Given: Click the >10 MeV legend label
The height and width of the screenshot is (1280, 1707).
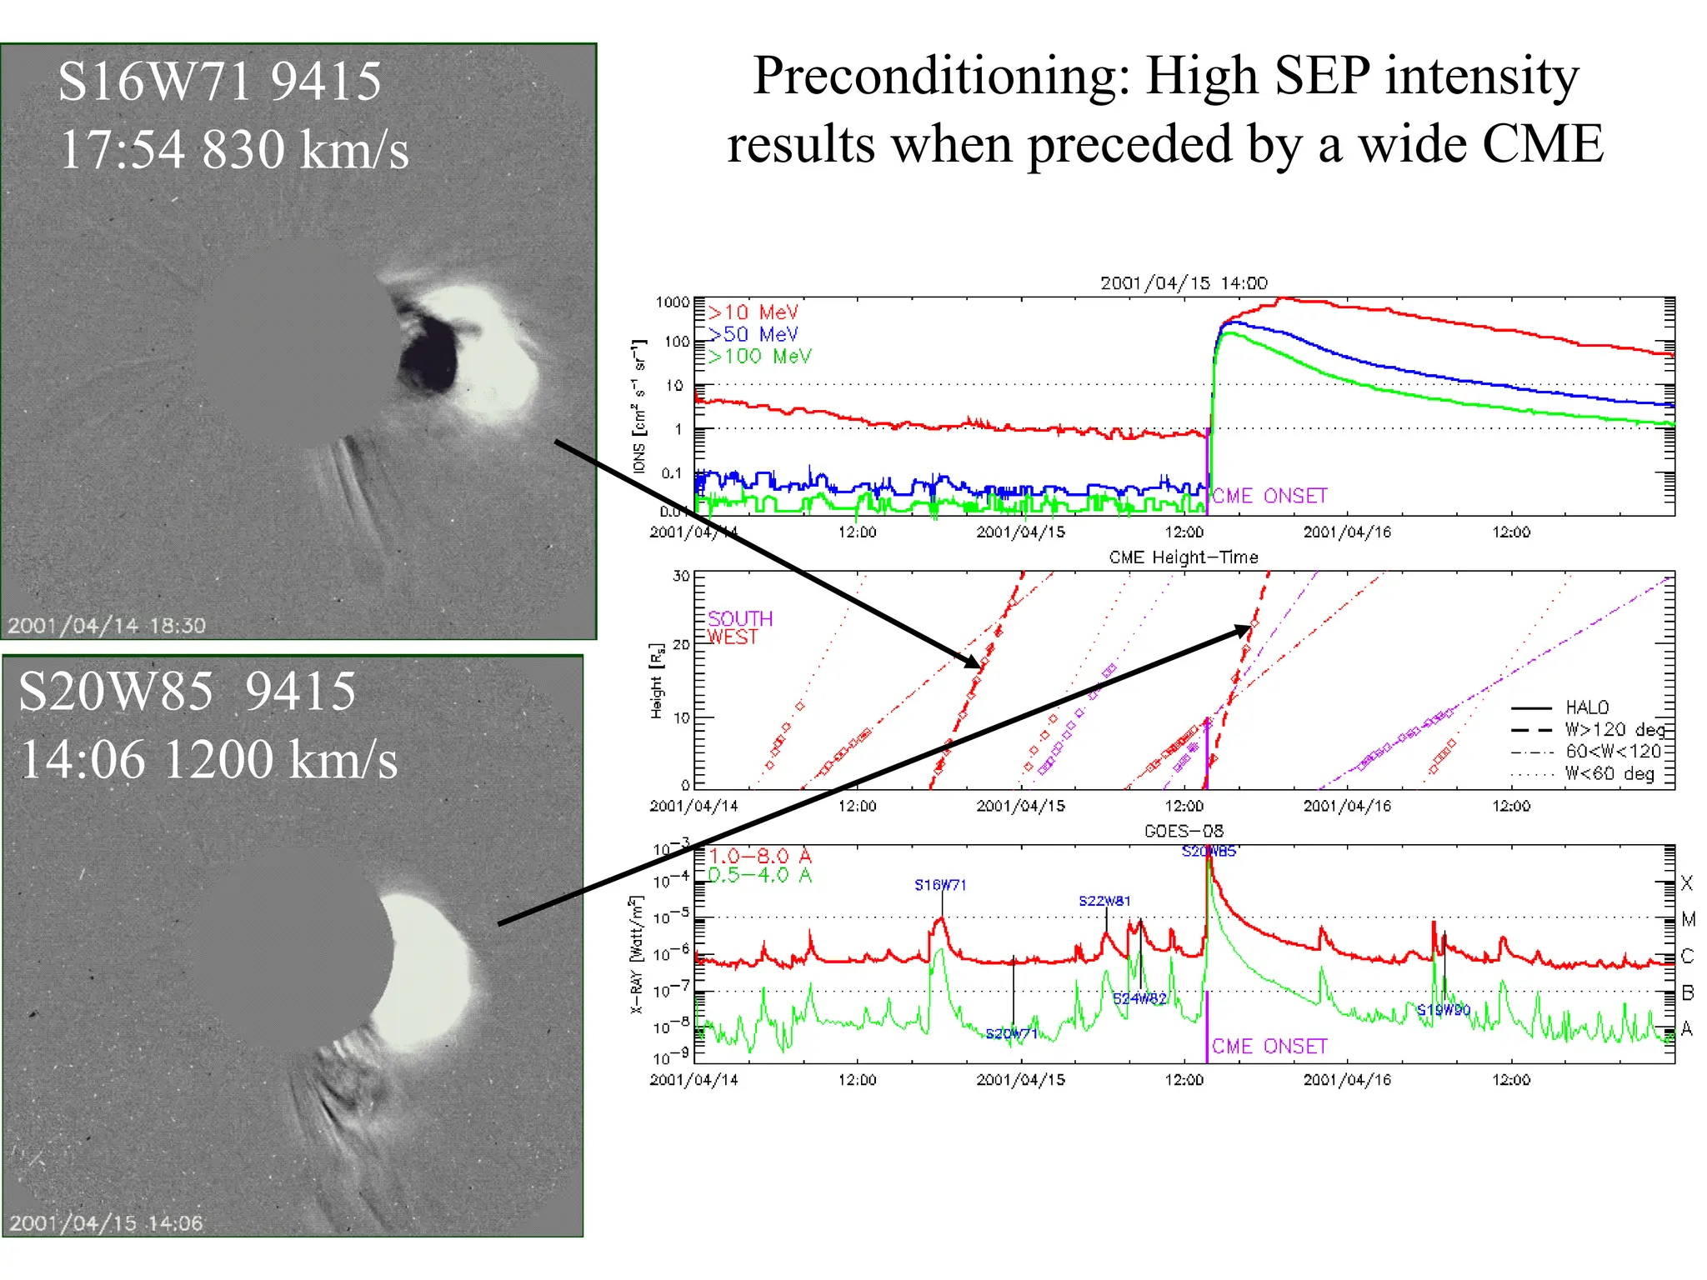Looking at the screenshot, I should point(753,312).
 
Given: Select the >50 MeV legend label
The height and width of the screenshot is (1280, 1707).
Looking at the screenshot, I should point(753,334).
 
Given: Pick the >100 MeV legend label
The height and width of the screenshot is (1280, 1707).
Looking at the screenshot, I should point(759,357).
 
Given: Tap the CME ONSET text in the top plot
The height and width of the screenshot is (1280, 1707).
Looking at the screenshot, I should point(1269,496).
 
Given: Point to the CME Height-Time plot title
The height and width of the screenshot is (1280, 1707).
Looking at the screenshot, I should point(1183,557).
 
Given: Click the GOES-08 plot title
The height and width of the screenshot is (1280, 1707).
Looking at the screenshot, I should point(1183,831).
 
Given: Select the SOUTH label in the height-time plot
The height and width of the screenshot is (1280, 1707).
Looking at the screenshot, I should point(740,618).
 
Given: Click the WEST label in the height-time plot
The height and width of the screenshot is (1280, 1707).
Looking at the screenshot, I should point(733,637).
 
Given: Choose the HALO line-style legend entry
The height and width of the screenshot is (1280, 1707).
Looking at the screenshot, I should point(1586,707).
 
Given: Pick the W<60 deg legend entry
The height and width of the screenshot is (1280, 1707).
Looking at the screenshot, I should point(1609,773).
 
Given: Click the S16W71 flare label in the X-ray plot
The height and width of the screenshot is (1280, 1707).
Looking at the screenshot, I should point(940,885).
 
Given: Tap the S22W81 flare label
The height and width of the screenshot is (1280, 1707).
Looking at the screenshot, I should point(1104,901).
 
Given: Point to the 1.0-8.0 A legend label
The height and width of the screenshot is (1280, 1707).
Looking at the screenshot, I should point(759,856).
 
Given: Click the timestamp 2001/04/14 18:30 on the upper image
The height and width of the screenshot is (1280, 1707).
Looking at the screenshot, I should point(107,625).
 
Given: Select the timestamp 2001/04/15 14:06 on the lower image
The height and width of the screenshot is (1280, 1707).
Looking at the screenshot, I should point(107,1223).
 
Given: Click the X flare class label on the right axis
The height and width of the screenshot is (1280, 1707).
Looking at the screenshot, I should point(1687,882).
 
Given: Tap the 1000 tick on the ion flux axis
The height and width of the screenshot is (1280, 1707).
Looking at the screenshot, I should point(672,302).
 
